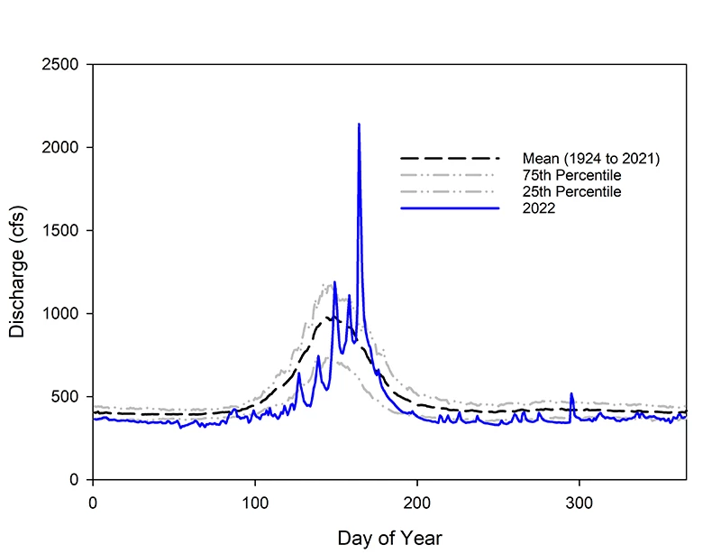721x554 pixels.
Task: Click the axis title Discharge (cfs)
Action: (18, 272)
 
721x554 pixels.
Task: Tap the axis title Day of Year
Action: (389, 538)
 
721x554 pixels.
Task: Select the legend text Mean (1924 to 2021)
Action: (592, 159)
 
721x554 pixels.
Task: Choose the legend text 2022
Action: (538, 208)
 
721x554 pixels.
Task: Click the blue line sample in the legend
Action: (450, 208)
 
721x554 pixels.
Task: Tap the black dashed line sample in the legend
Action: (450, 159)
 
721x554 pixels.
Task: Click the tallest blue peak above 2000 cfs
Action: (359, 126)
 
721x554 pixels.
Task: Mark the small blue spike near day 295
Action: (571, 395)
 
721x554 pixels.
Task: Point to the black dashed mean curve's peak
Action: (330, 318)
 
